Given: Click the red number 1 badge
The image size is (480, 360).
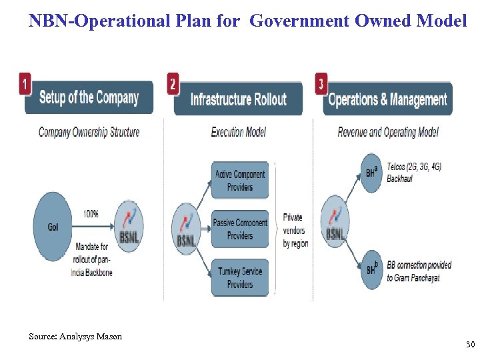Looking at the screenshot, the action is pos(25,84).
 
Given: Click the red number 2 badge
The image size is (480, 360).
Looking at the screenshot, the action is pos(173,84).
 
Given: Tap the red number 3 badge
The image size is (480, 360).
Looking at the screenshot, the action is pos(322,84).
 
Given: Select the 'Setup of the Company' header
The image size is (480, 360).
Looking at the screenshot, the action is pos(89,99).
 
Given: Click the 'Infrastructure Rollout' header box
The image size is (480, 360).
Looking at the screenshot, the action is pos(238,100).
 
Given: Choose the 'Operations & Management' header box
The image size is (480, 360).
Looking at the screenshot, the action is pos(387,100).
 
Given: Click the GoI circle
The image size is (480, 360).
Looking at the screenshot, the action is pos(53,227).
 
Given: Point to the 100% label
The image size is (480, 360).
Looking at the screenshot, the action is pos(91,214).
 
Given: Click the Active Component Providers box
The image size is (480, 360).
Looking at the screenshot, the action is pos(240,181).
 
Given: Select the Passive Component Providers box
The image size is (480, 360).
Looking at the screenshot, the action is pos(240,229).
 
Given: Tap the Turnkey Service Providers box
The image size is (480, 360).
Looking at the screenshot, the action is pos(240,278).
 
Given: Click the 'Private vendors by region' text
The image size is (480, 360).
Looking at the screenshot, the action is pos(295,230).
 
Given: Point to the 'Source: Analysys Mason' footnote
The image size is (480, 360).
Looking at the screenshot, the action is pos(75,337).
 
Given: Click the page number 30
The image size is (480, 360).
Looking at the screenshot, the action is pos(470,345).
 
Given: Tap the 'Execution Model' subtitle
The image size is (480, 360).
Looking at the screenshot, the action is pos(238,132).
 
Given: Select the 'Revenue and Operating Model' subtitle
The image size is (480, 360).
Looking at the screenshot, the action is pos(388,132).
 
